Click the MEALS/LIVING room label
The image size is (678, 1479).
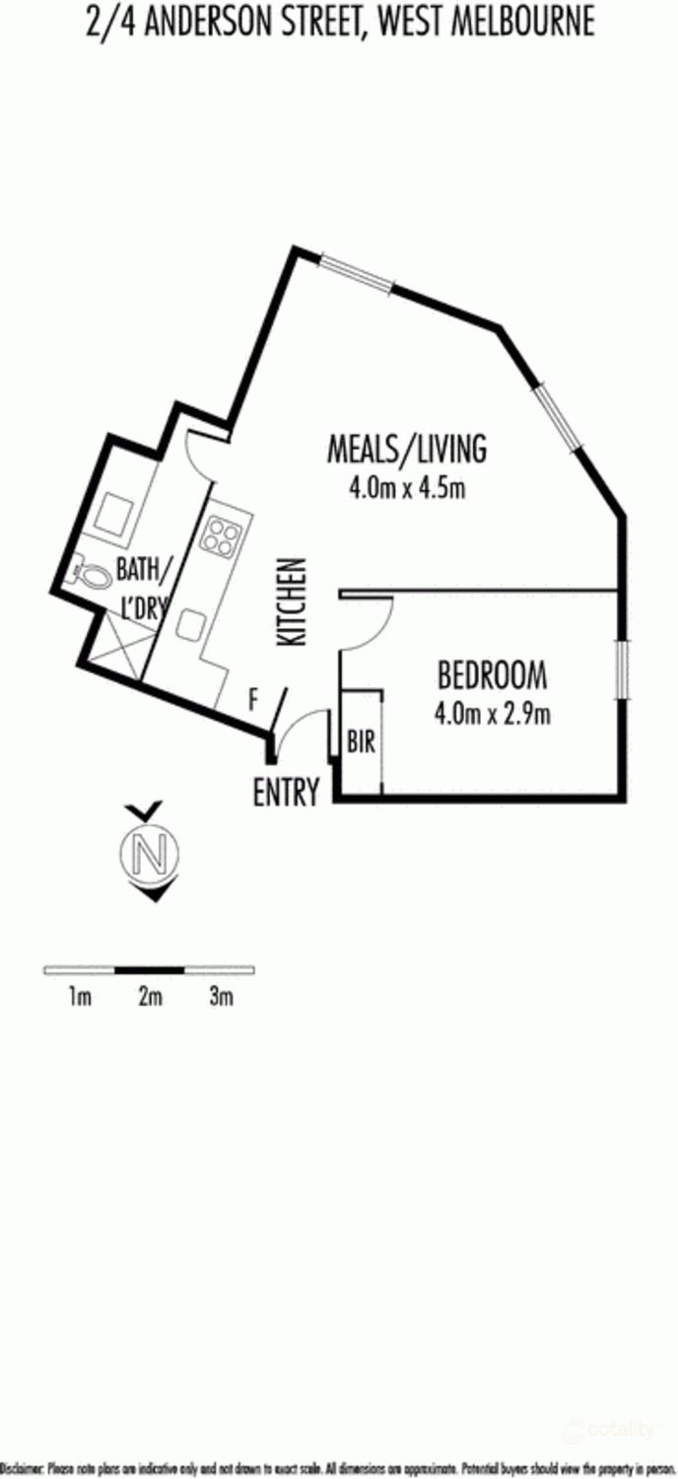[x=406, y=449]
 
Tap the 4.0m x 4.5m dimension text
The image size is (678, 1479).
[x=406, y=488]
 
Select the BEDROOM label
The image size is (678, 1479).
[x=492, y=675]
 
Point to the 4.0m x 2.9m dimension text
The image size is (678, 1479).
[x=492, y=713]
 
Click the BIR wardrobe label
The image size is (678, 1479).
[x=361, y=742]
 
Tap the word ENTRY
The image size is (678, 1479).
[x=286, y=793]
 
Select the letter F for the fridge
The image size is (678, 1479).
[x=253, y=701]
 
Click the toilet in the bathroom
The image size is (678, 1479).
[x=92, y=574]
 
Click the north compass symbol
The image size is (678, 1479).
[x=150, y=854]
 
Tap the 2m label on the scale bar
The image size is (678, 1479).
[x=150, y=997]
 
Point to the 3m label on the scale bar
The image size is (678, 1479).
[x=221, y=997]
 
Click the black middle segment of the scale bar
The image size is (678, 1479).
[x=150, y=970]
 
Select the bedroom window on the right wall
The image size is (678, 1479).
[x=621, y=669]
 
